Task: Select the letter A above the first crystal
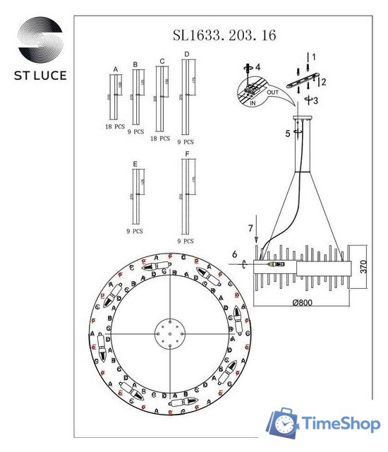click(x=115, y=70)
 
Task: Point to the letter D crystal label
click(x=186, y=54)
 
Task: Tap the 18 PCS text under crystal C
click(x=160, y=139)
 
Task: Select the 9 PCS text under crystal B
click(x=135, y=131)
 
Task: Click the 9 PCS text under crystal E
click(x=135, y=230)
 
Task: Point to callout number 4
click(x=257, y=66)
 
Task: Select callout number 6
click(x=234, y=254)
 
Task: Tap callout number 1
click(x=315, y=56)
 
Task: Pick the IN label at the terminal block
click(x=252, y=103)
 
